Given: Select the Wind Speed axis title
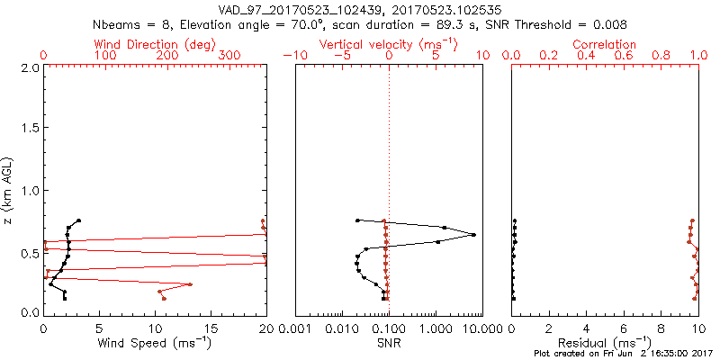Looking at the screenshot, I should point(155,343).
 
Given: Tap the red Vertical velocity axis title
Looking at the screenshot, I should point(389,44).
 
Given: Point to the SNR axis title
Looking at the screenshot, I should point(389,343).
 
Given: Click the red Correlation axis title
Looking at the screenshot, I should point(605,44).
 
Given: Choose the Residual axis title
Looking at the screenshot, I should point(605,343).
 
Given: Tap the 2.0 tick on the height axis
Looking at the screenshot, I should point(29,67).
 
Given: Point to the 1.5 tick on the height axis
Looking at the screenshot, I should point(29,129).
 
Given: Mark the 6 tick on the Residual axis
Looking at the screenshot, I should point(624,329).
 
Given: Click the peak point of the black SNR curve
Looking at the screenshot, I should point(473,235).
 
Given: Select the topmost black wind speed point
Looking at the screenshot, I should point(79,220).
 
